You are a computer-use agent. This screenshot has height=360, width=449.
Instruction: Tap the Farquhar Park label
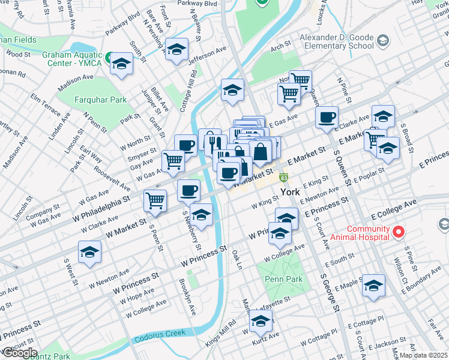pos(100,100)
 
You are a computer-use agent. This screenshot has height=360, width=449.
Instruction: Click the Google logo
pos(19,353)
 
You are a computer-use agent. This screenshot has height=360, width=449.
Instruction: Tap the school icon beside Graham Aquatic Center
pos(122,64)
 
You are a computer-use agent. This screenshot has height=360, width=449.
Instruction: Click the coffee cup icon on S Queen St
pos(327,117)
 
